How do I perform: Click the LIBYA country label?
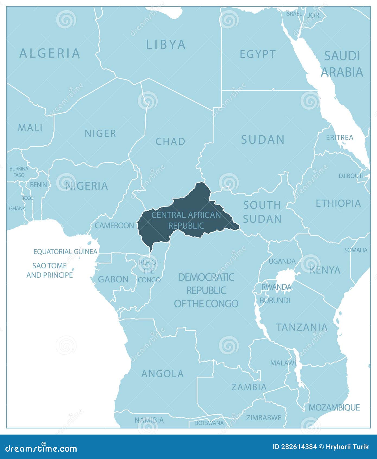click(166, 45)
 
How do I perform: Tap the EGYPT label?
click(257, 54)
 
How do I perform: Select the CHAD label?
click(170, 142)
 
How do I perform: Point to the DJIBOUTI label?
click(351, 176)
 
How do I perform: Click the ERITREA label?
click(340, 138)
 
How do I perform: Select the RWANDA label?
click(276, 287)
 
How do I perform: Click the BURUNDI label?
click(275, 300)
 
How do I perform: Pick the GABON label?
click(113, 279)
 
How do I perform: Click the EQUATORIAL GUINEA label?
click(65, 251)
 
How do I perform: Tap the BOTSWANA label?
click(209, 423)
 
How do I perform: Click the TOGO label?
click(28, 198)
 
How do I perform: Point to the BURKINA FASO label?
click(19, 172)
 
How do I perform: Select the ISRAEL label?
click(293, 14)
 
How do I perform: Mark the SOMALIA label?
click(356, 250)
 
